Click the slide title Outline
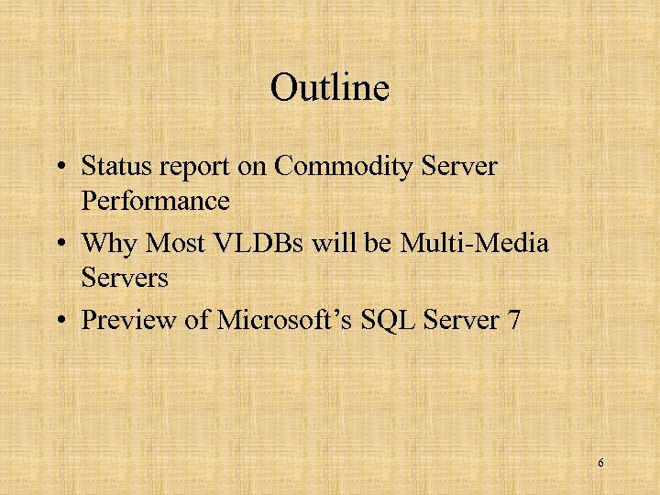click(330, 89)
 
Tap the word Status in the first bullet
click(114, 167)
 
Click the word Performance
click(155, 200)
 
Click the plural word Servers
click(125, 277)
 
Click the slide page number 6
click(600, 463)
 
